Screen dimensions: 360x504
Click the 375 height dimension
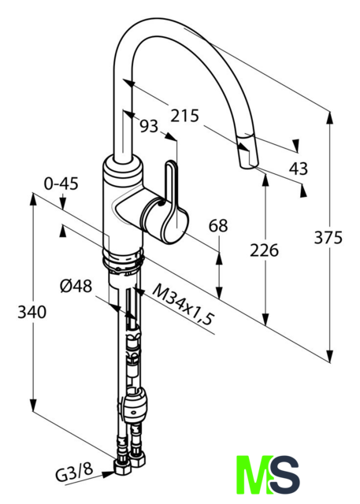coord(328,238)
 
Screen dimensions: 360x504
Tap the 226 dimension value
coord(264,250)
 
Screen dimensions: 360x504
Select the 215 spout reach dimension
coord(185,116)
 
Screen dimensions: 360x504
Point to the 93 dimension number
coord(149,126)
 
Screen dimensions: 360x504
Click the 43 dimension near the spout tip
coord(299,169)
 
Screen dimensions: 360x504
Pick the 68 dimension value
coord(218,225)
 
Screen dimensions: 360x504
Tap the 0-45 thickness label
coord(61,183)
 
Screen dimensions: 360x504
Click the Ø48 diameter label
coord(76,286)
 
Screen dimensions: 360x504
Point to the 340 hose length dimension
coord(32,312)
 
